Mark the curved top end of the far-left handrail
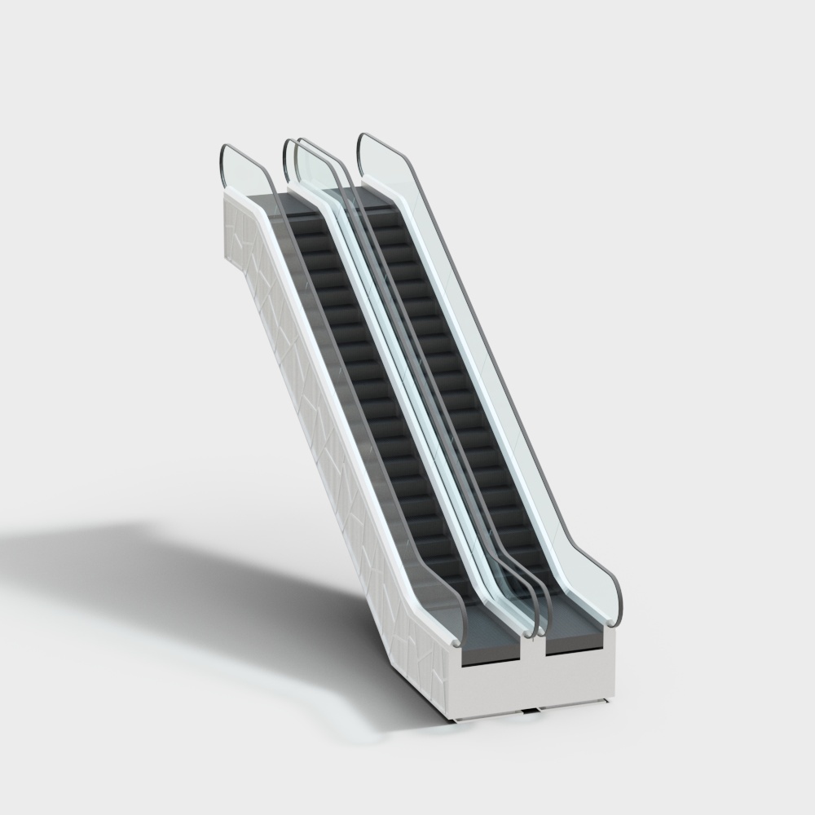click(224, 155)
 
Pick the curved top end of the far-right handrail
click(362, 143)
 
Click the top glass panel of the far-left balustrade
click(244, 171)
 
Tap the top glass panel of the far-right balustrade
click(383, 163)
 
